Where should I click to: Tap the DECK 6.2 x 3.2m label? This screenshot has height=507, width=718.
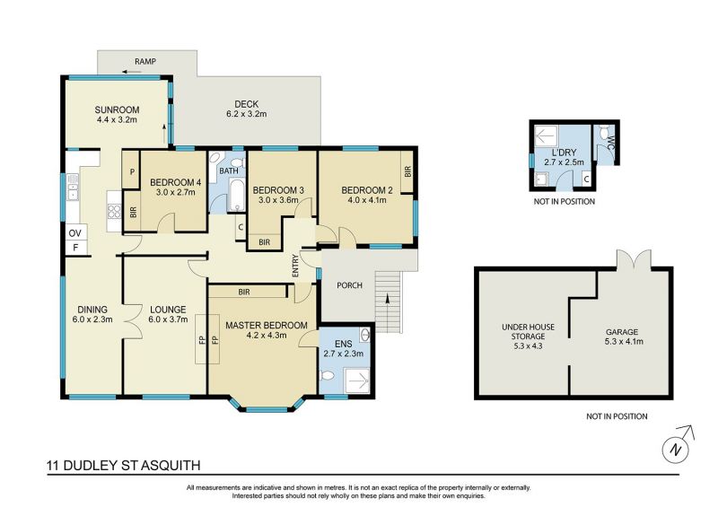pyautogui.click(x=246, y=109)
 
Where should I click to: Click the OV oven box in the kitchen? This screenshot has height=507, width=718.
pyautogui.click(x=75, y=233)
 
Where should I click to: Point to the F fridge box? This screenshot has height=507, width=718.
pyautogui.click(x=76, y=249)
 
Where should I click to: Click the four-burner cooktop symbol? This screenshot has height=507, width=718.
pyautogui.click(x=114, y=212)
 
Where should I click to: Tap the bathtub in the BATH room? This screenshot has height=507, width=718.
pyautogui.click(x=236, y=195)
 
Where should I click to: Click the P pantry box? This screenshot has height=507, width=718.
pyautogui.click(x=132, y=171)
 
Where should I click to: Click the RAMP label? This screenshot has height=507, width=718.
pyautogui.click(x=145, y=61)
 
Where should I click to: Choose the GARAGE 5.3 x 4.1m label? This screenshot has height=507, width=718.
pyautogui.click(x=622, y=337)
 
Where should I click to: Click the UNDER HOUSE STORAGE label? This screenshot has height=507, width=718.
pyautogui.click(x=528, y=337)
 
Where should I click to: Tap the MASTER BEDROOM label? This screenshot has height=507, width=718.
pyautogui.click(x=266, y=325)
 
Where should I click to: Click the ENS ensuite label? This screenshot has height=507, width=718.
pyautogui.click(x=344, y=344)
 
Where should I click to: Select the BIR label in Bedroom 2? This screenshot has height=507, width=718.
pyautogui.click(x=408, y=171)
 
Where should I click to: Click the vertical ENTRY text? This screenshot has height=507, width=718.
pyautogui.click(x=295, y=266)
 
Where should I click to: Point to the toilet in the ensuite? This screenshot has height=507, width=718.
pyautogui.click(x=328, y=376)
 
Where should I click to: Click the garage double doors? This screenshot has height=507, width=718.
pyautogui.click(x=634, y=258)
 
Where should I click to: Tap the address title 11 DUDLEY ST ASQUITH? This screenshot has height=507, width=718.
pyautogui.click(x=124, y=466)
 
